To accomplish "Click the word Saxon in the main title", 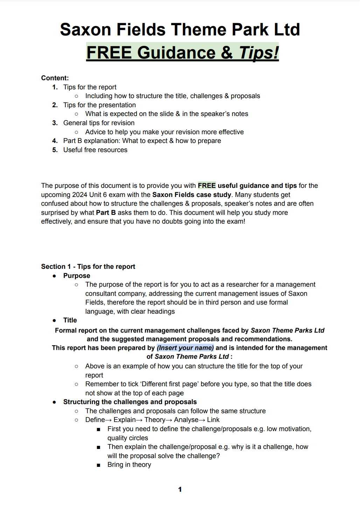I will click(86, 29).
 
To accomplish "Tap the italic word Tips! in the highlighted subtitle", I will click(259, 53).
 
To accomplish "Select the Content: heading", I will click(55, 78).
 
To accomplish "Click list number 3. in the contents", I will click(55, 123).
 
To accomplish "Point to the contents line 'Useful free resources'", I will click(95, 150).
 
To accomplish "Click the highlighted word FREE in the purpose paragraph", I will click(207, 186).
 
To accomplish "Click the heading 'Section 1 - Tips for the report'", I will click(88, 267).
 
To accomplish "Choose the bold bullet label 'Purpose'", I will click(77, 276).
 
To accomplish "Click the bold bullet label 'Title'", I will click(70, 320).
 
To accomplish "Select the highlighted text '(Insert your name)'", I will click(185, 348).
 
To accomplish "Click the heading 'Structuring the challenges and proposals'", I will click(130, 402).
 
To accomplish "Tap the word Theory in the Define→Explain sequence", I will click(155, 420).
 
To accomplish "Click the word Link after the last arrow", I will click(213, 420).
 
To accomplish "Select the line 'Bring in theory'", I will click(129, 465).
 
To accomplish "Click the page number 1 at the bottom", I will click(180, 490).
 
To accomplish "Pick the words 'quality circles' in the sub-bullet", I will click(128, 438).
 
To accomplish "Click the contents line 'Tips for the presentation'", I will click(99, 105).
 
